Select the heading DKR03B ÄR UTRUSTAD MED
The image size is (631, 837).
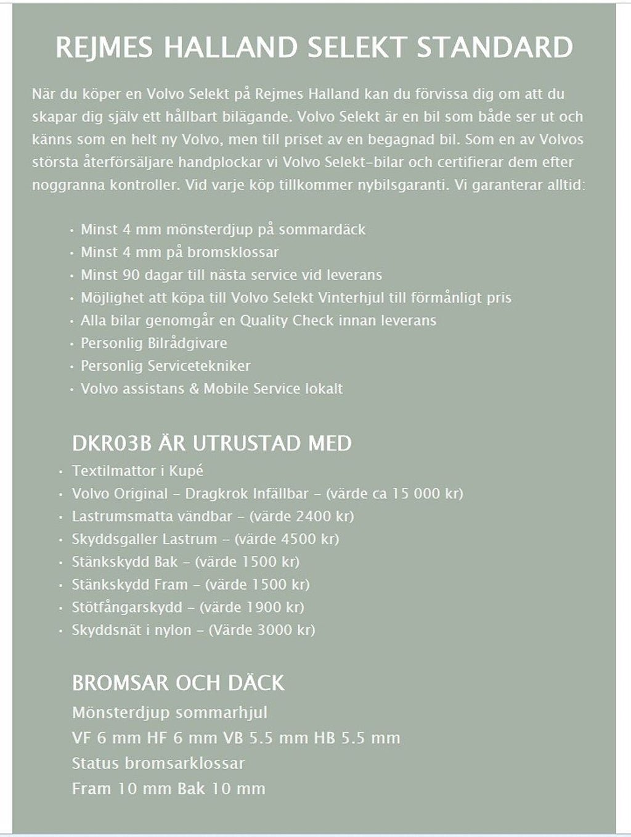coord(212,443)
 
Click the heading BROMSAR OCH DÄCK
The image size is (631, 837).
coord(178,683)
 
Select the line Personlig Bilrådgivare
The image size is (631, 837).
coord(153,344)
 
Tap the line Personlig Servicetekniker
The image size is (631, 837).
coord(165,366)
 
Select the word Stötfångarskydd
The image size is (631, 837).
coord(127,608)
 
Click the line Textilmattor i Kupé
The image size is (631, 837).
coord(137,471)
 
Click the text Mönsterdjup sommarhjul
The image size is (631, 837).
coord(169,713)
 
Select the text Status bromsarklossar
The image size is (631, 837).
coord(158,764)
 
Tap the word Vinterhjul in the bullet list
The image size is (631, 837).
coord(352,298)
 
